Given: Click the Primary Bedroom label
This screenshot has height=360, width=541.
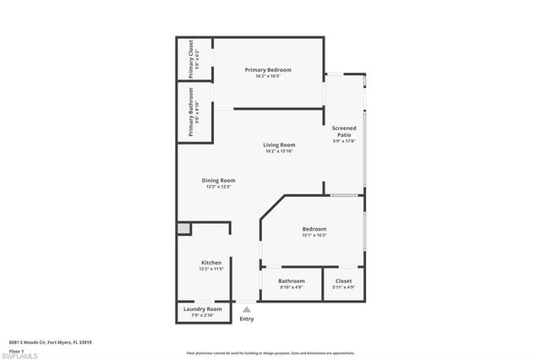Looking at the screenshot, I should click(x=268, y=69).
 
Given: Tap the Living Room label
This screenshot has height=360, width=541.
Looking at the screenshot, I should click(x=280, y=145).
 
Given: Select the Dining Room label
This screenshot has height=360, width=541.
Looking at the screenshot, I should click(x=218, y=180).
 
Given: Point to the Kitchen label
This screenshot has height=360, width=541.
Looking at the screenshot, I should click(x=211, y=262).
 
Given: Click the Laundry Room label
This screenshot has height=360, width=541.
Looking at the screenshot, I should click(x=203, y=309).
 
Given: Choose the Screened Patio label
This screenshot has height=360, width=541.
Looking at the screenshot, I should click(x=344, y=132).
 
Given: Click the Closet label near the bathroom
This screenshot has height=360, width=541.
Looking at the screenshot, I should click(x=344, y=281).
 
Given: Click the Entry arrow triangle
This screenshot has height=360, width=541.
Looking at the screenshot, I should click(x=247, y=309).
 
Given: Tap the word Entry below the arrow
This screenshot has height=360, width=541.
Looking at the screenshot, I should click(x=247, y=319).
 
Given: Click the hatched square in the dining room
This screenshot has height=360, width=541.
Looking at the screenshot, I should click(x=183, y=228).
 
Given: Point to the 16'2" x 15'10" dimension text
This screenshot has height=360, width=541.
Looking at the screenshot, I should click(x=280, y=151).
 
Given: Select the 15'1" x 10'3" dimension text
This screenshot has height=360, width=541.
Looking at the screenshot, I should click(x=314, y=235).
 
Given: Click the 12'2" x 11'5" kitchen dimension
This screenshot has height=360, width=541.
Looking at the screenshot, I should click(x=211, y=269).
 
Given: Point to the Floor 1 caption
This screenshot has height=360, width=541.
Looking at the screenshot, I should click(x=16, y=348).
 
